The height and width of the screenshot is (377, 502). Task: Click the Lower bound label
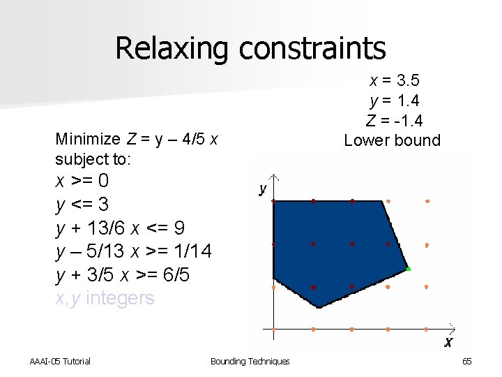[393, 140]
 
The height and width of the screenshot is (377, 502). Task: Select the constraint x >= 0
[82, 181]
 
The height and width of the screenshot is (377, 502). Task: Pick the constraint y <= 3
[82, 205]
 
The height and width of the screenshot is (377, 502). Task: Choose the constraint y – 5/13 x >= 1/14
[134, 251]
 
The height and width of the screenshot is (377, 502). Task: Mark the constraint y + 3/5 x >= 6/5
[122, 275]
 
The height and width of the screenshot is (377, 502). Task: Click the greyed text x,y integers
[105, 298]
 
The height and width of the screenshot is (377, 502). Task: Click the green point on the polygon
[409, 269]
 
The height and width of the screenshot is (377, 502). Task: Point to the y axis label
[263, 189]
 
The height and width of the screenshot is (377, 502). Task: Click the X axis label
[448, 342]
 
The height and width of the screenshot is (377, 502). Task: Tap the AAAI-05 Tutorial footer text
[60, 361]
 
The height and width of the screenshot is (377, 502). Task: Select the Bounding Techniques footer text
[250, 361]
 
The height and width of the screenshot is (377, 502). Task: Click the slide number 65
[466, 361]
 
